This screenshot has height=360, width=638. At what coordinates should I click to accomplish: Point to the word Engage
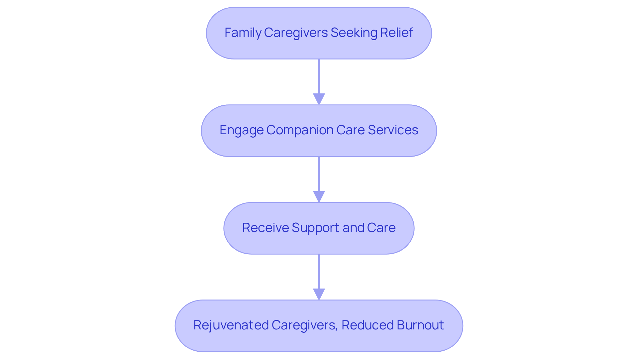(x=241, y=130)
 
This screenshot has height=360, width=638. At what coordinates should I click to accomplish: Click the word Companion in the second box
(x=300, y=130)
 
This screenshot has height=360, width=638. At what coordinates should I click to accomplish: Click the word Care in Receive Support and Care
(x=383, y=228)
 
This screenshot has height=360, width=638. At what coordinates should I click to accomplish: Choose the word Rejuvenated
(x=231, y=325)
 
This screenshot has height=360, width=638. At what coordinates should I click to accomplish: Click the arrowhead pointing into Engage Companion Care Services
(x=319, y=99)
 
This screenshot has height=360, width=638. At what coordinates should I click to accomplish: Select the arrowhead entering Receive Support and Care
(x=319, y=196)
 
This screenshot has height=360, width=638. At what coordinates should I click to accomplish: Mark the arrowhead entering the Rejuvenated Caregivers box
(x=319, y=294)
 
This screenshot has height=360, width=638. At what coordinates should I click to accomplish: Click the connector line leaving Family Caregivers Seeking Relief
(x=319, y=76)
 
